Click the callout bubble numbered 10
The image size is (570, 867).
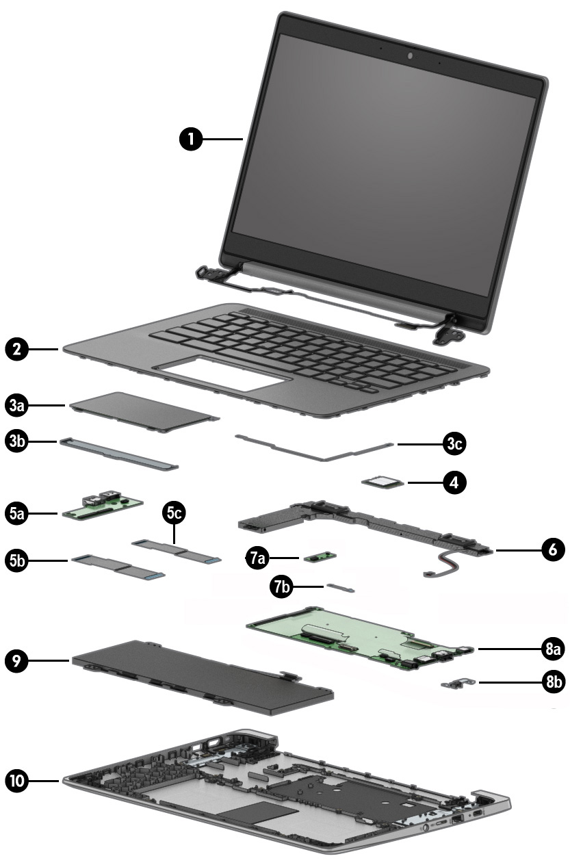(x=18, y=779)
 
